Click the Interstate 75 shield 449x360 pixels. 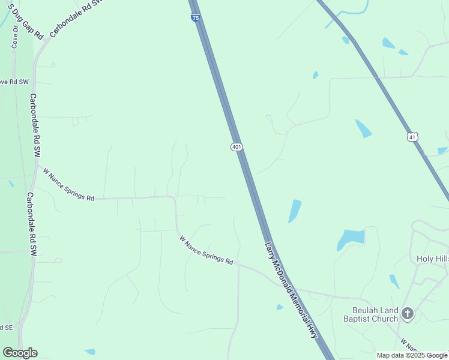coord(196,18)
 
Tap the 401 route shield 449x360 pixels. coord(237,147)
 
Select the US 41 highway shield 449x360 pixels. coord(412,137)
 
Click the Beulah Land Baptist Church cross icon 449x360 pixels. coord(408,313)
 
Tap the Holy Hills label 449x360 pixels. coord(432,259)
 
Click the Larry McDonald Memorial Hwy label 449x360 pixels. coord(291,290)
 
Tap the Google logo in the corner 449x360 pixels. coord(20,353)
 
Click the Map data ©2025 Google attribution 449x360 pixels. coord(412,355)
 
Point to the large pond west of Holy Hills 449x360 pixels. coord(351,238)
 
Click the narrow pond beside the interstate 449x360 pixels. coord(295,211)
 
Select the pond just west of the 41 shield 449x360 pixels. coord(363,128)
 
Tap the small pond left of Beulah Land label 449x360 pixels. coord(280,307)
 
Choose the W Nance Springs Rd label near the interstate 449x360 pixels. coord(206,250)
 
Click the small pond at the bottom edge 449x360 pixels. coord(90,351)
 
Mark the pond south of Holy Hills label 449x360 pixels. coord(394,281)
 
